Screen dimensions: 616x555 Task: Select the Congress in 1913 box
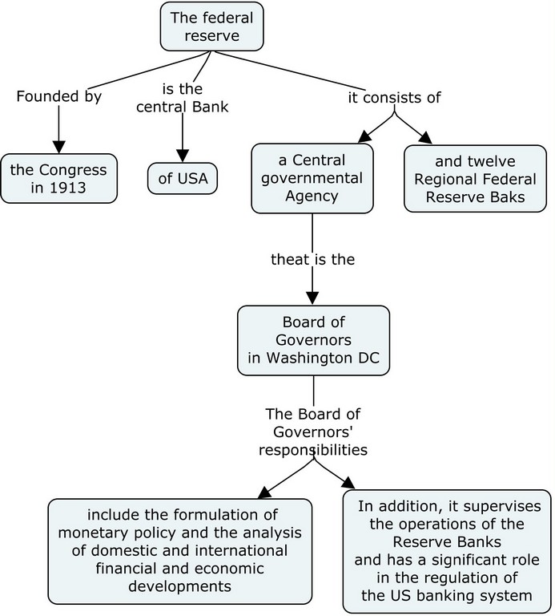[x=58, y=178]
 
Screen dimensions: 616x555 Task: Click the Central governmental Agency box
[x=312, y=178]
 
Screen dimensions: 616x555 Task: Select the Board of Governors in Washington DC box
[x=313, y=341]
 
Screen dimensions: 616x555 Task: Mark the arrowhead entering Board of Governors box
[x=313, y=298]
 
